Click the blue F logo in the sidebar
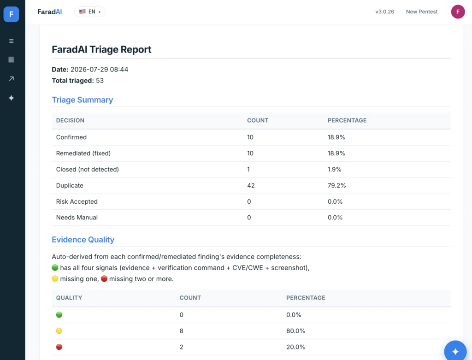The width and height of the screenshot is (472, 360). [11, 14]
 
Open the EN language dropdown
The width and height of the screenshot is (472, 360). [90, 12]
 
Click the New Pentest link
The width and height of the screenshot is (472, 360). [421, 12]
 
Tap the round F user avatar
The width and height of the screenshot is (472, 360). [458, 12]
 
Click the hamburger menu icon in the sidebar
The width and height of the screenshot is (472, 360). [12, 41]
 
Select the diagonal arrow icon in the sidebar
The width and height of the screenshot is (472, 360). [12, 78]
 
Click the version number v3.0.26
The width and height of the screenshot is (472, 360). [384, 12]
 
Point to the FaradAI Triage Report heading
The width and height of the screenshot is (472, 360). [101, 49]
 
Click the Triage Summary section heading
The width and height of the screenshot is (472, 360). [82, 100]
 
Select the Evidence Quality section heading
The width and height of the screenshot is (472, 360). [83, 240]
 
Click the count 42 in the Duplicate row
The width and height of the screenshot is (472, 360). [251, 185]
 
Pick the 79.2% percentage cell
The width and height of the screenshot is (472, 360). [336, 185]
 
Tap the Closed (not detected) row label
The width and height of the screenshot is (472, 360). [87, 170]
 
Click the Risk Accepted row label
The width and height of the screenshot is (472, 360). [77, 201]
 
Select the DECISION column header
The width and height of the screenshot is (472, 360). [70, 120]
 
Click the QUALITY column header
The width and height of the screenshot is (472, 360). [69, 298]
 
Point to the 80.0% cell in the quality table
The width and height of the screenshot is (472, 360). [295, 331]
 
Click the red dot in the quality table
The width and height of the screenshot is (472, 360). [59, 347]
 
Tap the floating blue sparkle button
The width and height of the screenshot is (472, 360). [455, 351]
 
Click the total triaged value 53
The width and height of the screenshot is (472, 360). [100, 81]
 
